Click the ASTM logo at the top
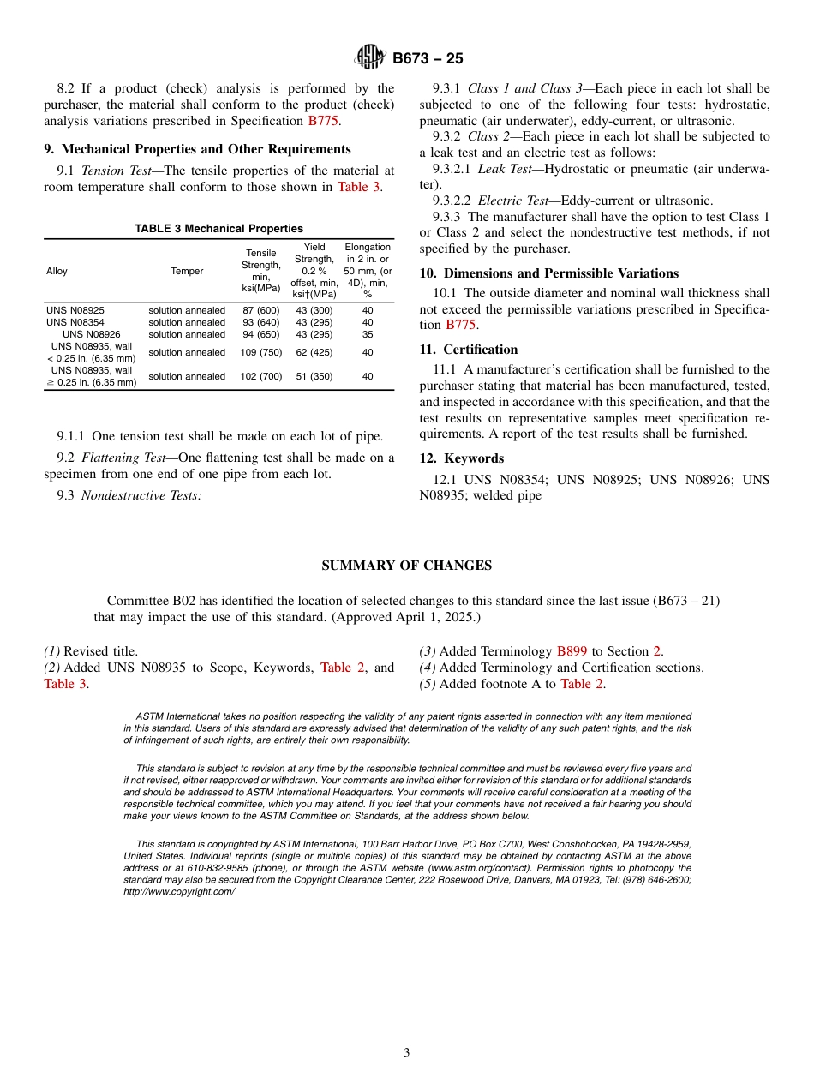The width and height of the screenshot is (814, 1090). click(x=372, y=58)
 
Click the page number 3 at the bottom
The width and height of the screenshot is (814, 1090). click(x=407, y=1053)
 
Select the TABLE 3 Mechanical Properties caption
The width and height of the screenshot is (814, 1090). click(x=218, y=229)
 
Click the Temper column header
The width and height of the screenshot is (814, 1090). click(x=187, y=271)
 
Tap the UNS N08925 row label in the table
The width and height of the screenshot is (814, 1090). click(x=75, y=310)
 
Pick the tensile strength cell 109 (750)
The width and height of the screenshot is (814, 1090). click(x=261, y=352)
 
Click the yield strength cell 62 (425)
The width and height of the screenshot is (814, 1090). click(x=314, y=352)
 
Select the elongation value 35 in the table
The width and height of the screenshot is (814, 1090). click(x=368, y=334)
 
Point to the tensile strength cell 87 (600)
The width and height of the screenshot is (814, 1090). click(x=261, y=310)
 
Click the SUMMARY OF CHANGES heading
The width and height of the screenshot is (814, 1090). click(x=406, y=566)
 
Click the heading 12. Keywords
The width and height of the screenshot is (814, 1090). click(x=462, y=458)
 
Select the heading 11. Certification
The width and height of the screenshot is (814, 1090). click(x=469, y=350)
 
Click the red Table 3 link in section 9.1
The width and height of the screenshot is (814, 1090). click(x=358, y=187)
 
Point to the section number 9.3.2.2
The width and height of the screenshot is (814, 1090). click(x=452, y=201)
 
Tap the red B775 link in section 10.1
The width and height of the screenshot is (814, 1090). click(x=461, y=325)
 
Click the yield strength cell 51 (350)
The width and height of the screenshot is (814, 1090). click(x=314, y=376)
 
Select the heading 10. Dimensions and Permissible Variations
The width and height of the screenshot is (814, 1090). click(x=548, y=273)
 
